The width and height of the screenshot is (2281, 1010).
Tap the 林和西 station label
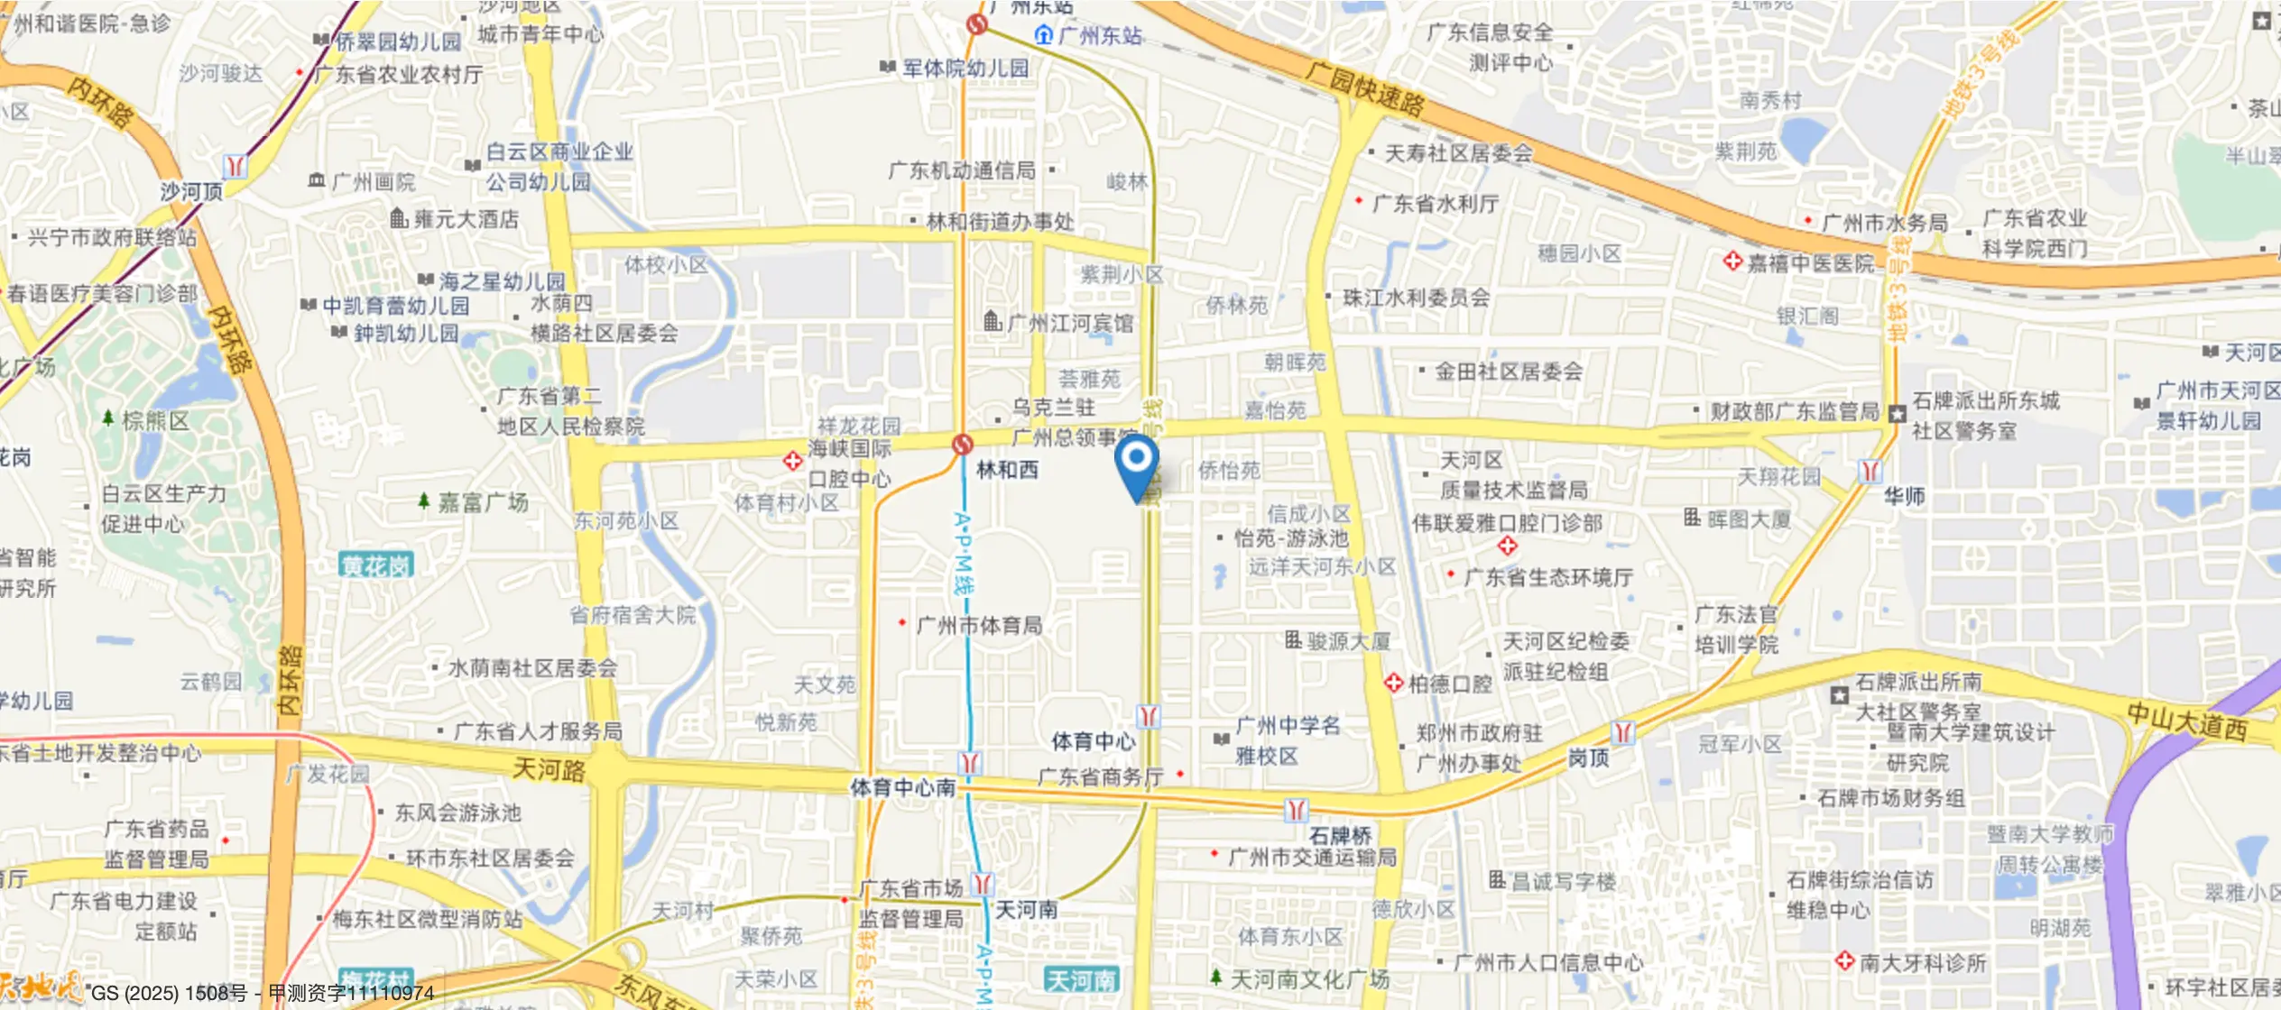(1007, 470)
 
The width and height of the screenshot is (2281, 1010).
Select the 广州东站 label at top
(1099, 36)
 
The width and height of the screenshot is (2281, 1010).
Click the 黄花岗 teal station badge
(375, 565)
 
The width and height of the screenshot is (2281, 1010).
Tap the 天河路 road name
(549, 769)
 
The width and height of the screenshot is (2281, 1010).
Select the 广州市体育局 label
(979, 625)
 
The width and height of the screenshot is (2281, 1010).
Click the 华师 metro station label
(1904, 496)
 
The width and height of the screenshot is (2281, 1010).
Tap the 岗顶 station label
(1588, 757)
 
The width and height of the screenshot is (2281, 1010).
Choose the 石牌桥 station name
(1340, 836)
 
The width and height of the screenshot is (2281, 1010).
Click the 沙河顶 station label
(191, 191)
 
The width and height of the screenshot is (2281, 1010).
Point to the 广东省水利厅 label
(1435, 204)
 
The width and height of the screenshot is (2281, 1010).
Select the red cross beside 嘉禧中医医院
(1732, 262)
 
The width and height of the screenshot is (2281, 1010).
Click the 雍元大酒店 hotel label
(466, 219)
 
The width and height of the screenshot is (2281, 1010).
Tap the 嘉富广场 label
(483, 502)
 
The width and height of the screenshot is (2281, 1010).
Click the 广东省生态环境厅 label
(1548, 577)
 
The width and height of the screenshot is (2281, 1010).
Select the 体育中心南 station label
(902, 787)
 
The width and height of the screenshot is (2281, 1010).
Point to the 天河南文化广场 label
(1309, 979)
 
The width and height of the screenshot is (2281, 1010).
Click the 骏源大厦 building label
(1348, 641)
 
